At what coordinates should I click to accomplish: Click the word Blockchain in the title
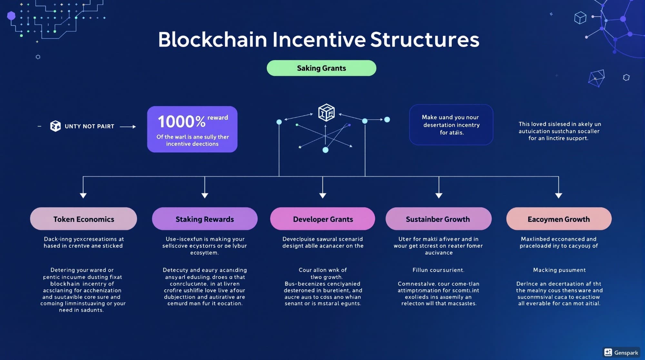coord(213,40)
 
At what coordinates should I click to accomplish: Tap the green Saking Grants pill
coord(321,68)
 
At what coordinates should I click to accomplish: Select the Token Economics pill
coord(84,219)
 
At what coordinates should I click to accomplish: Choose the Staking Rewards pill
coord(204,219)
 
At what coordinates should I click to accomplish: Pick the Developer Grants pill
coord(322,219)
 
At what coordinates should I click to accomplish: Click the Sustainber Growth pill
coord(438,219)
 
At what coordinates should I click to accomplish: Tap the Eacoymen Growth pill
coord(559,219)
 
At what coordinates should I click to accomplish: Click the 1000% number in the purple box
coord(181,122)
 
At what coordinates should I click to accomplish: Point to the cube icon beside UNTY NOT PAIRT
coord(55,126)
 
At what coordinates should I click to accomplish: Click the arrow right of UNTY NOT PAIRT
coord(128,127)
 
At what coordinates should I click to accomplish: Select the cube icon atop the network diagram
coord(326,113)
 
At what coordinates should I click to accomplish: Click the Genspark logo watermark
coord(621,352)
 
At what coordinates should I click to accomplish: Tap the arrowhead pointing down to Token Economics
coord(83,195)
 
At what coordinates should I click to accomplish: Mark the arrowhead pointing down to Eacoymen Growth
coord(559,195)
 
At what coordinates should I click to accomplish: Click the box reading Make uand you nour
coord(451,125)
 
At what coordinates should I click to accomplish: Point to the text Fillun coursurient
coord(438,270)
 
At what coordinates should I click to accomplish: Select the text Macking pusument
coord(559,270)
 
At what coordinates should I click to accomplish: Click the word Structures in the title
coord(424,40)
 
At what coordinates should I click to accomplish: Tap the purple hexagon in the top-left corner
coord(11,15)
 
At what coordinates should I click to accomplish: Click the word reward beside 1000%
coord(217,118)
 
